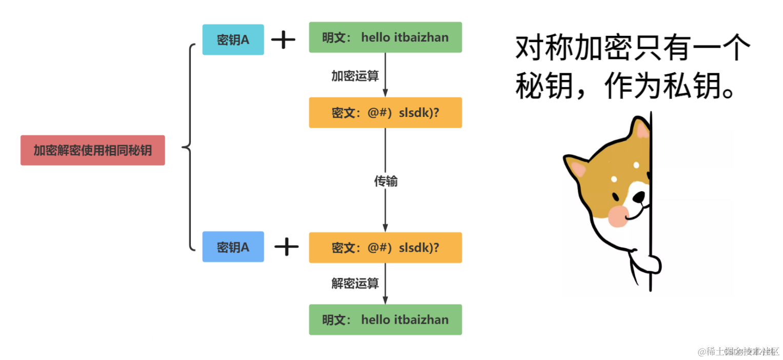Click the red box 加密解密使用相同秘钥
[x=92, y=150]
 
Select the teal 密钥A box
[x=233, y=39]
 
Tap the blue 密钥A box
[x=233, y=247]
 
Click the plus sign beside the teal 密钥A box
[x=283, y=39]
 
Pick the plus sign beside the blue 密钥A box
[x=286, y=247]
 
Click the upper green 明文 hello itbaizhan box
[x=385, y=37]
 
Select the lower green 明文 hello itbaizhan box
[x=385, y=319]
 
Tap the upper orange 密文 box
[x=385, y=112]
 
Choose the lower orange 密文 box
[x=385, y=248]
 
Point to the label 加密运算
[x=355, y=76]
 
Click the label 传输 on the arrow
[x=385, y=181]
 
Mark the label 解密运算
[x=355, y=283]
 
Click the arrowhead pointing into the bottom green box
[x=385, y=301]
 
